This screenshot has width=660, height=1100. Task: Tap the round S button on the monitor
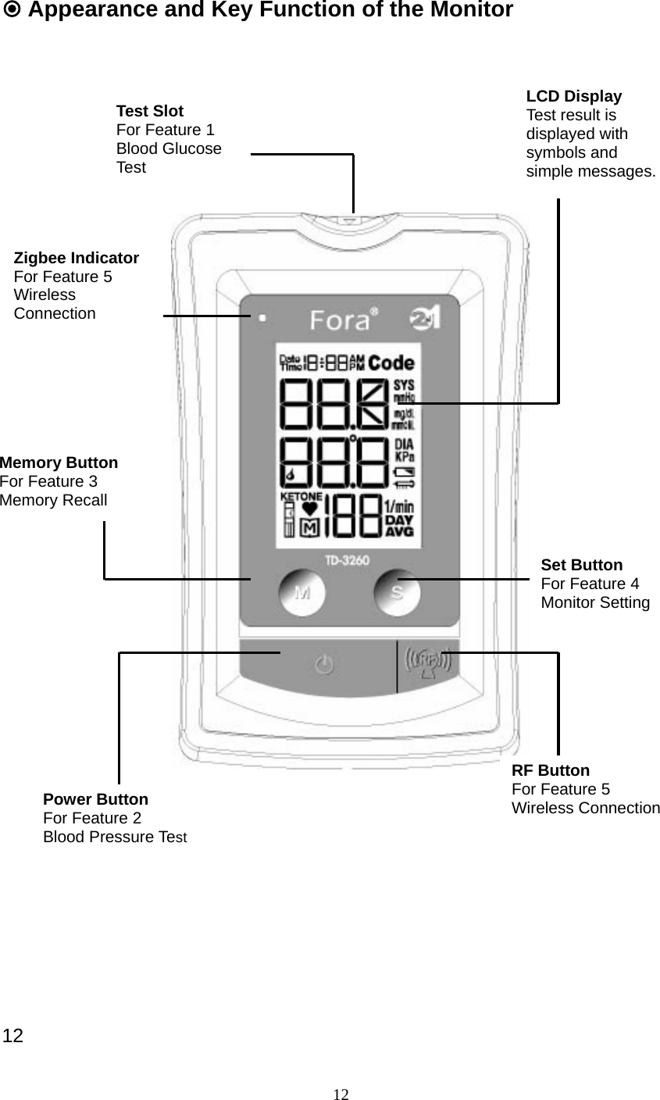pyautogui.click(x=397, y=593)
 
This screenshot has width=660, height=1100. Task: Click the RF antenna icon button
pyautogui.click(x=427, y=663)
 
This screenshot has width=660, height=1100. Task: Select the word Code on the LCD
pyautogui.click(x=391, y=363)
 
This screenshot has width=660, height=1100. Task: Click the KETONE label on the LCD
pyautogui.click(x=301, y=496)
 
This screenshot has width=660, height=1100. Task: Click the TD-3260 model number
pyautogui.click(x=348, y=560)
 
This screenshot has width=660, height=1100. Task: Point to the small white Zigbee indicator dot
pyautogui.click(x=262, y=318)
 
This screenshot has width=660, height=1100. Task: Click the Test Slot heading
pyautogui.click(x=150, y=111)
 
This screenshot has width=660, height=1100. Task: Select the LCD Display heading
pyautogui.click(x=573, y=96)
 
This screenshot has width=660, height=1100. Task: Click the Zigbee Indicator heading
pyautogui.click(x=77, y=258)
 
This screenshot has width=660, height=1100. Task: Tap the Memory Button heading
pyautogui.click(x=59, y=462)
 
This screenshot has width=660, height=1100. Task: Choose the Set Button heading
pyautogui.click(x=581, y=565)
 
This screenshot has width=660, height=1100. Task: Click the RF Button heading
pyautogui.click(x=551, y=770)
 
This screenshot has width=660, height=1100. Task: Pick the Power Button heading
pyautogui.click(x=95, y=799)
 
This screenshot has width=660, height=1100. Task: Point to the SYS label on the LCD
pyautogui.click(x=404, y=385)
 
